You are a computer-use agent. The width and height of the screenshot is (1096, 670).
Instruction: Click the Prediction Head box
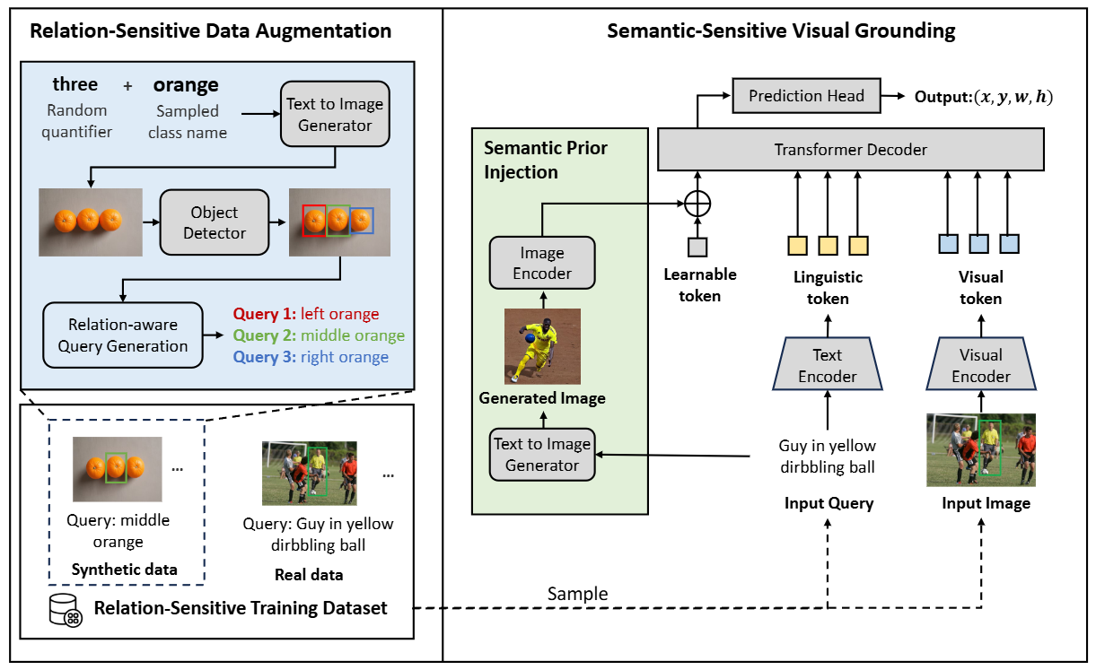point(806,96)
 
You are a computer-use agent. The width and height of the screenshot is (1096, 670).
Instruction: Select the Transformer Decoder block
point(850,149)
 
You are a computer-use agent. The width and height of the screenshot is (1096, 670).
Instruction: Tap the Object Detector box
point(215,222)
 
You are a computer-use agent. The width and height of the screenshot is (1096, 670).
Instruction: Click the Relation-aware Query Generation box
point(122,335)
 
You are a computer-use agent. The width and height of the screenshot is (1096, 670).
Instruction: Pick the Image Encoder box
point(541,263)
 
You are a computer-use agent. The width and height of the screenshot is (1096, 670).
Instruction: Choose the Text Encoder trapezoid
point(827,365)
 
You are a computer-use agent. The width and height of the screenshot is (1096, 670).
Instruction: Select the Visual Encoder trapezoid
point(980,365)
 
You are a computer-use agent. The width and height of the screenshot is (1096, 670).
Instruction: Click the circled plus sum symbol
point(697,204)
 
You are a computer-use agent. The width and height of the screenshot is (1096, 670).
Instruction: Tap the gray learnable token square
point(697,246)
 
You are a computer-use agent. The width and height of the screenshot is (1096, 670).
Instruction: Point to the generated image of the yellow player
point(541,346)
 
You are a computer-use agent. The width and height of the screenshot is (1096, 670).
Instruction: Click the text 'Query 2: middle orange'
point(319,335)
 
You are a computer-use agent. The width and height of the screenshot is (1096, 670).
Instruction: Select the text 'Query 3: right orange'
point(311,357)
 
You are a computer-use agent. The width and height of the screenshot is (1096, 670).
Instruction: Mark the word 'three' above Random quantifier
point(75,84)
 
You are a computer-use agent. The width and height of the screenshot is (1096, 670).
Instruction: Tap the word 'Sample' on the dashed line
point(577,595)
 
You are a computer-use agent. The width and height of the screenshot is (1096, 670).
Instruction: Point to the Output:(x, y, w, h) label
point(983,97)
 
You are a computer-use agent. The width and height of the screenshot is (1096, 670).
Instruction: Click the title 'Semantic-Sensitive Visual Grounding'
point(781,31)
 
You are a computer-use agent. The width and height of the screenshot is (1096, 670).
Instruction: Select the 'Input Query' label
point(828,503)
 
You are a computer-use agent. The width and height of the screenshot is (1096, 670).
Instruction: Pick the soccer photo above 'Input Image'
point(980,449)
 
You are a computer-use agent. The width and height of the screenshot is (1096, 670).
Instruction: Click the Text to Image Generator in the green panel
point(541,455)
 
